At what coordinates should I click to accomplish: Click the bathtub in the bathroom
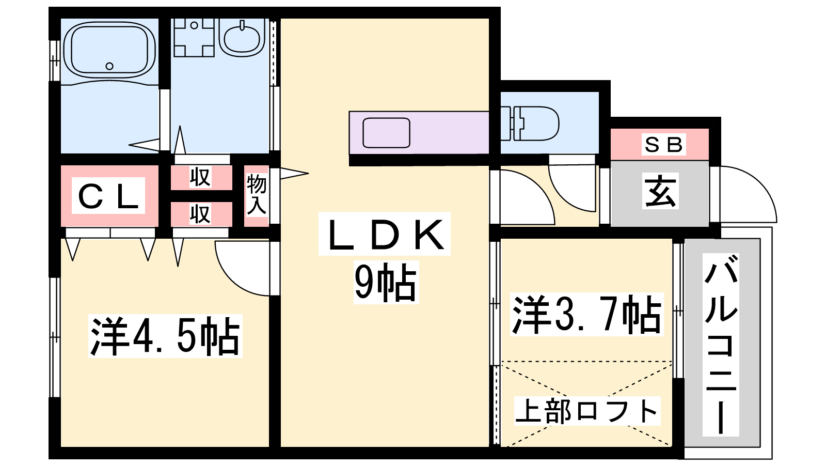(x=109, y=51)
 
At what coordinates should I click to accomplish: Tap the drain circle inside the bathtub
(x=109, y=66)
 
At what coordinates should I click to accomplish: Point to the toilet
(x=530, y=123)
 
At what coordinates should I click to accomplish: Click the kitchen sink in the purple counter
(x=386, y=132)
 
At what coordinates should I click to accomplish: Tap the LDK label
(x=385, y=234)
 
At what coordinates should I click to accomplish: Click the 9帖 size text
(x=386, y=282)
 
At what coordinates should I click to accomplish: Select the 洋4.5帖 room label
(x=165, y=336)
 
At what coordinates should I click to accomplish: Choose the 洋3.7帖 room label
(x=586, y=315)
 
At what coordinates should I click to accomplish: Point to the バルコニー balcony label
(x=721, y=345)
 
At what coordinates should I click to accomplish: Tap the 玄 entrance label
(x=660, y=191)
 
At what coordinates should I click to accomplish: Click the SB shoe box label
(x=663, y=144)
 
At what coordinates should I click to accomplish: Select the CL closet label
(x=108, y=196)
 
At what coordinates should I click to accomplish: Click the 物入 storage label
(x=257, y=194)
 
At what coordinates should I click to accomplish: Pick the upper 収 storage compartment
(x=201, y=178)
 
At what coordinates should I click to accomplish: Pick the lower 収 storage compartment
(x=201, y=214)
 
